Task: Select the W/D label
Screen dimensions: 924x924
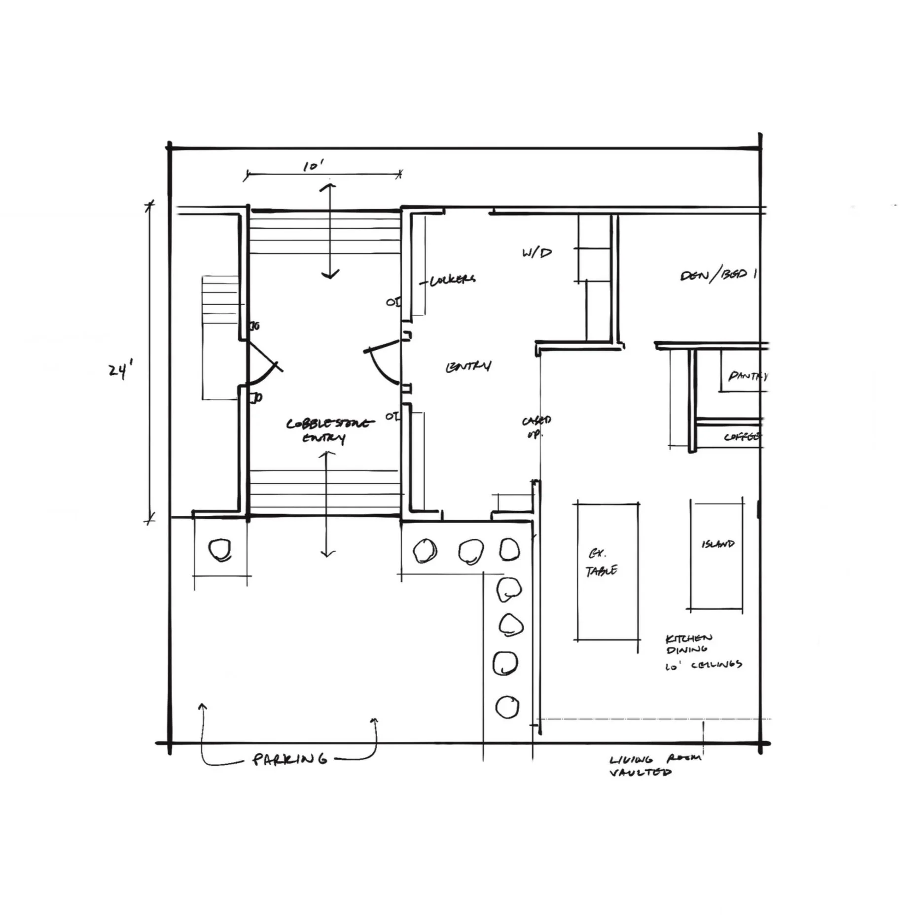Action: tap(537, 253)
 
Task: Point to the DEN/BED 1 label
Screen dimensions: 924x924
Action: tap(718, 275)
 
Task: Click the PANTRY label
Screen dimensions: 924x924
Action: tap(747, 376)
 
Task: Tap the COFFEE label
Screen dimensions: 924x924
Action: tap(743, 437)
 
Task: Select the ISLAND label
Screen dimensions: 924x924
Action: tap(718, 544)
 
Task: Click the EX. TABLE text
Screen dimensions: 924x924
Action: tap(601, 564)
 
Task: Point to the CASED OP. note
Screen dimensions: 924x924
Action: tap(536, 426)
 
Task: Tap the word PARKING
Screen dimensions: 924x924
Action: tap(289, 759)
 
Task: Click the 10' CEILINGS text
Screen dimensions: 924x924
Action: tap(704, 666)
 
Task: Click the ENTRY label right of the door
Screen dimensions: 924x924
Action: tap(468, 367)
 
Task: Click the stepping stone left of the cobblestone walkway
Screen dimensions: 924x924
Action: tap(220, 550)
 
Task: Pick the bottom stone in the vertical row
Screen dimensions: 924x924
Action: tap(506, 707)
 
